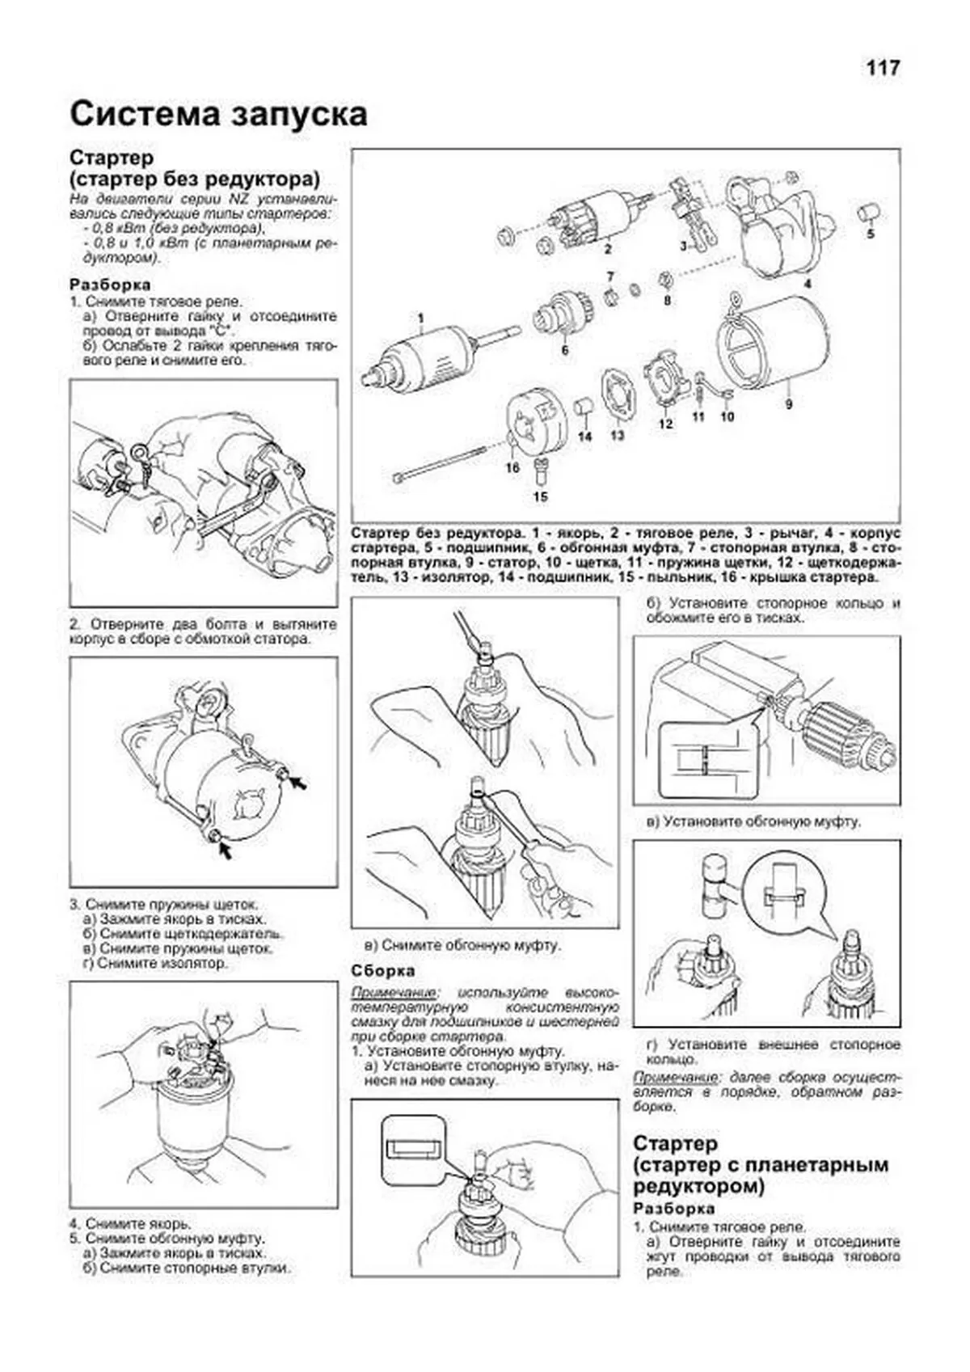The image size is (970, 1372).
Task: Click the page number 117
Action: tap(883, 68)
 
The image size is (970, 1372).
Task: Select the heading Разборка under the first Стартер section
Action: tap(110, 285)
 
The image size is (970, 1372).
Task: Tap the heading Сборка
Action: tap(383, 970)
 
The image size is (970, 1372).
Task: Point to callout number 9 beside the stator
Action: tap(787, 403)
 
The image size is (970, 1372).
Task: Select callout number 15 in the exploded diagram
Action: tap(540, 496)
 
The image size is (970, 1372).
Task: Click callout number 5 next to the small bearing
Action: tap(871, 234)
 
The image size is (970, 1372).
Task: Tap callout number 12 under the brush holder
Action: tap(665, 423)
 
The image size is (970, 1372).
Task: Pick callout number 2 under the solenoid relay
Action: tap(607, 249)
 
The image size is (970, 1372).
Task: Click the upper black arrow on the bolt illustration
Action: tap(300, 782)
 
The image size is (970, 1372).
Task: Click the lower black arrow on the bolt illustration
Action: tap(224, 850)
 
